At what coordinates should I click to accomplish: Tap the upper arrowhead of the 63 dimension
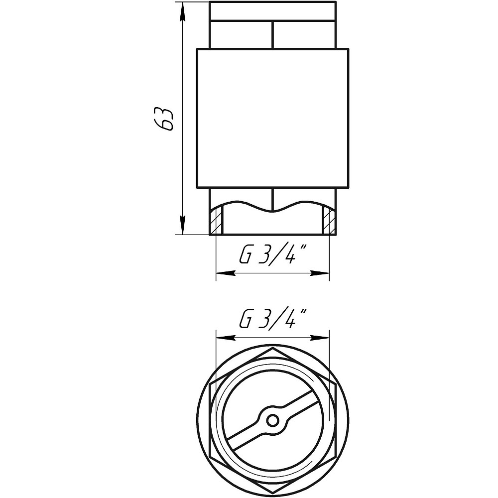pos(182,12)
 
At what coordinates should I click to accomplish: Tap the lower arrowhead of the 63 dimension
pos(182,225)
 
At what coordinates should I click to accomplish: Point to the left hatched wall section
pos(217,220)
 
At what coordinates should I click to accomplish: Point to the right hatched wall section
pos(329,220)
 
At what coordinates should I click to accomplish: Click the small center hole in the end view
pos(272,421)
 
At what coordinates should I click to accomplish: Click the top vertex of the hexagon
pos(272,348)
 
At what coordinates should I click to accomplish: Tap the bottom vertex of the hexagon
pos(272,493)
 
